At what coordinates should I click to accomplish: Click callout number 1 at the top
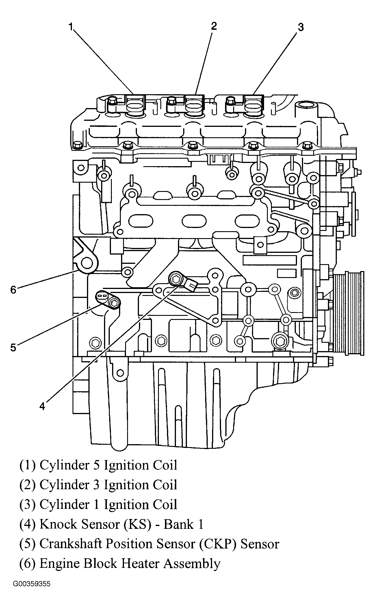71,27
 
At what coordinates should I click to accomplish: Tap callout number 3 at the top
301,27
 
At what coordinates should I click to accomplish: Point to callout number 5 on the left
13,347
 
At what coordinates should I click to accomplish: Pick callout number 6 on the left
13,290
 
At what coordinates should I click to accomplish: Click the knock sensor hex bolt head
175,279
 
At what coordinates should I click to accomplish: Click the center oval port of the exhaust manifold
194,221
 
